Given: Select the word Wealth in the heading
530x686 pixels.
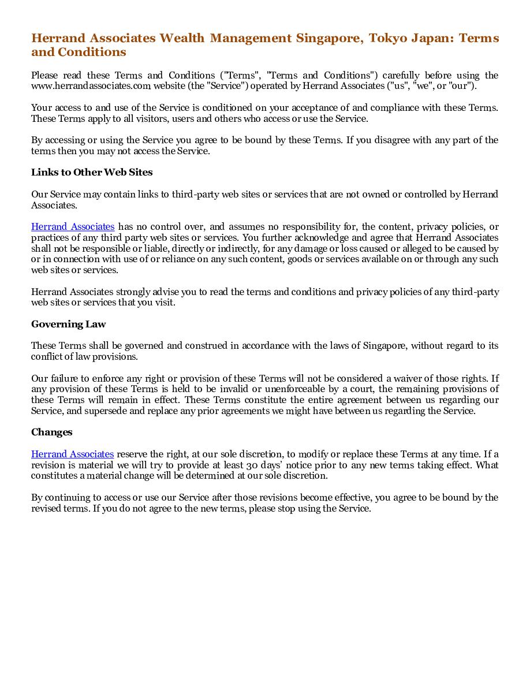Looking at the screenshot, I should pyautogui.click(x=182, y=39).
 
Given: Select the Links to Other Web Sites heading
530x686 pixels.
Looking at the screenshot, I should pyautogui.click(x=92, y=173).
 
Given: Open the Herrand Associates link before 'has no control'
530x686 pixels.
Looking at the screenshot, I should pyautogui.click(x=73, y=227).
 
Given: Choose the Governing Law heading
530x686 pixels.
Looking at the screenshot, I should pyautogui.click(x=68, y=324).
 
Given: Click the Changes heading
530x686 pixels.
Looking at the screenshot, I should pyautogui.click(x=52, y=432).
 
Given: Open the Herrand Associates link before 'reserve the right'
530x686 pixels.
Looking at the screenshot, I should pyautogui.click(x=72, y=454).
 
